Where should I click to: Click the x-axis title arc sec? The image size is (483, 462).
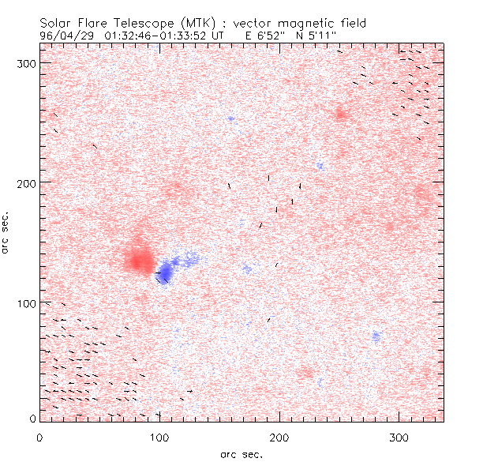click(241, 454)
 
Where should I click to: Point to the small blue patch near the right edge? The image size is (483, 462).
click(376, 336)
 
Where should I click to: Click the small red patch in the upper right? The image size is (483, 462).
click(341, 114)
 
